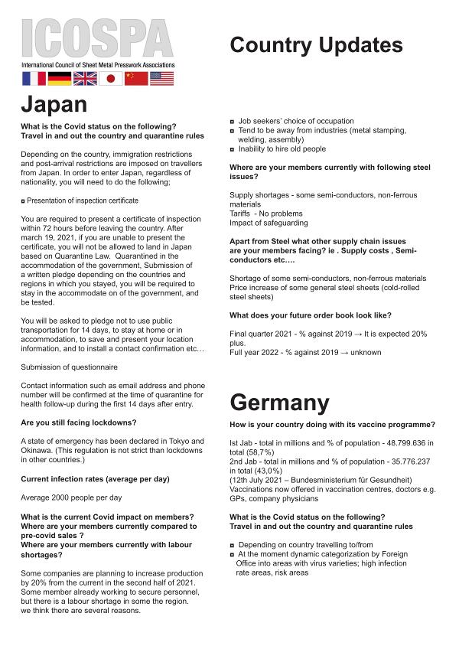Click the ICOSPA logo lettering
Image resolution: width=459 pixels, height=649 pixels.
point(98,38)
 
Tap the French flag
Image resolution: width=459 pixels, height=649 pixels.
point(34,78)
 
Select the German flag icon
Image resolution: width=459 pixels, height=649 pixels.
point(60,78)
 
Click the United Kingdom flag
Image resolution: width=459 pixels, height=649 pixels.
point(85,78)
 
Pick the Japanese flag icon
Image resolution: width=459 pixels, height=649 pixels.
point(111,78)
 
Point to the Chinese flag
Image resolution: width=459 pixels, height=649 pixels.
point(136,78)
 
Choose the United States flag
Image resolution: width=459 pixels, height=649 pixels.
point(162,78)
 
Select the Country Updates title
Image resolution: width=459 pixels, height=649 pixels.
point(316,45)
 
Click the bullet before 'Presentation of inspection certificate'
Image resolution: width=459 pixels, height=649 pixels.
point(23,201)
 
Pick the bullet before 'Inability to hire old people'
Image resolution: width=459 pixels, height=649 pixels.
point(233,149)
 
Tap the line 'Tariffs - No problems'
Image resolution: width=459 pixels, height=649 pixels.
point(266,214)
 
